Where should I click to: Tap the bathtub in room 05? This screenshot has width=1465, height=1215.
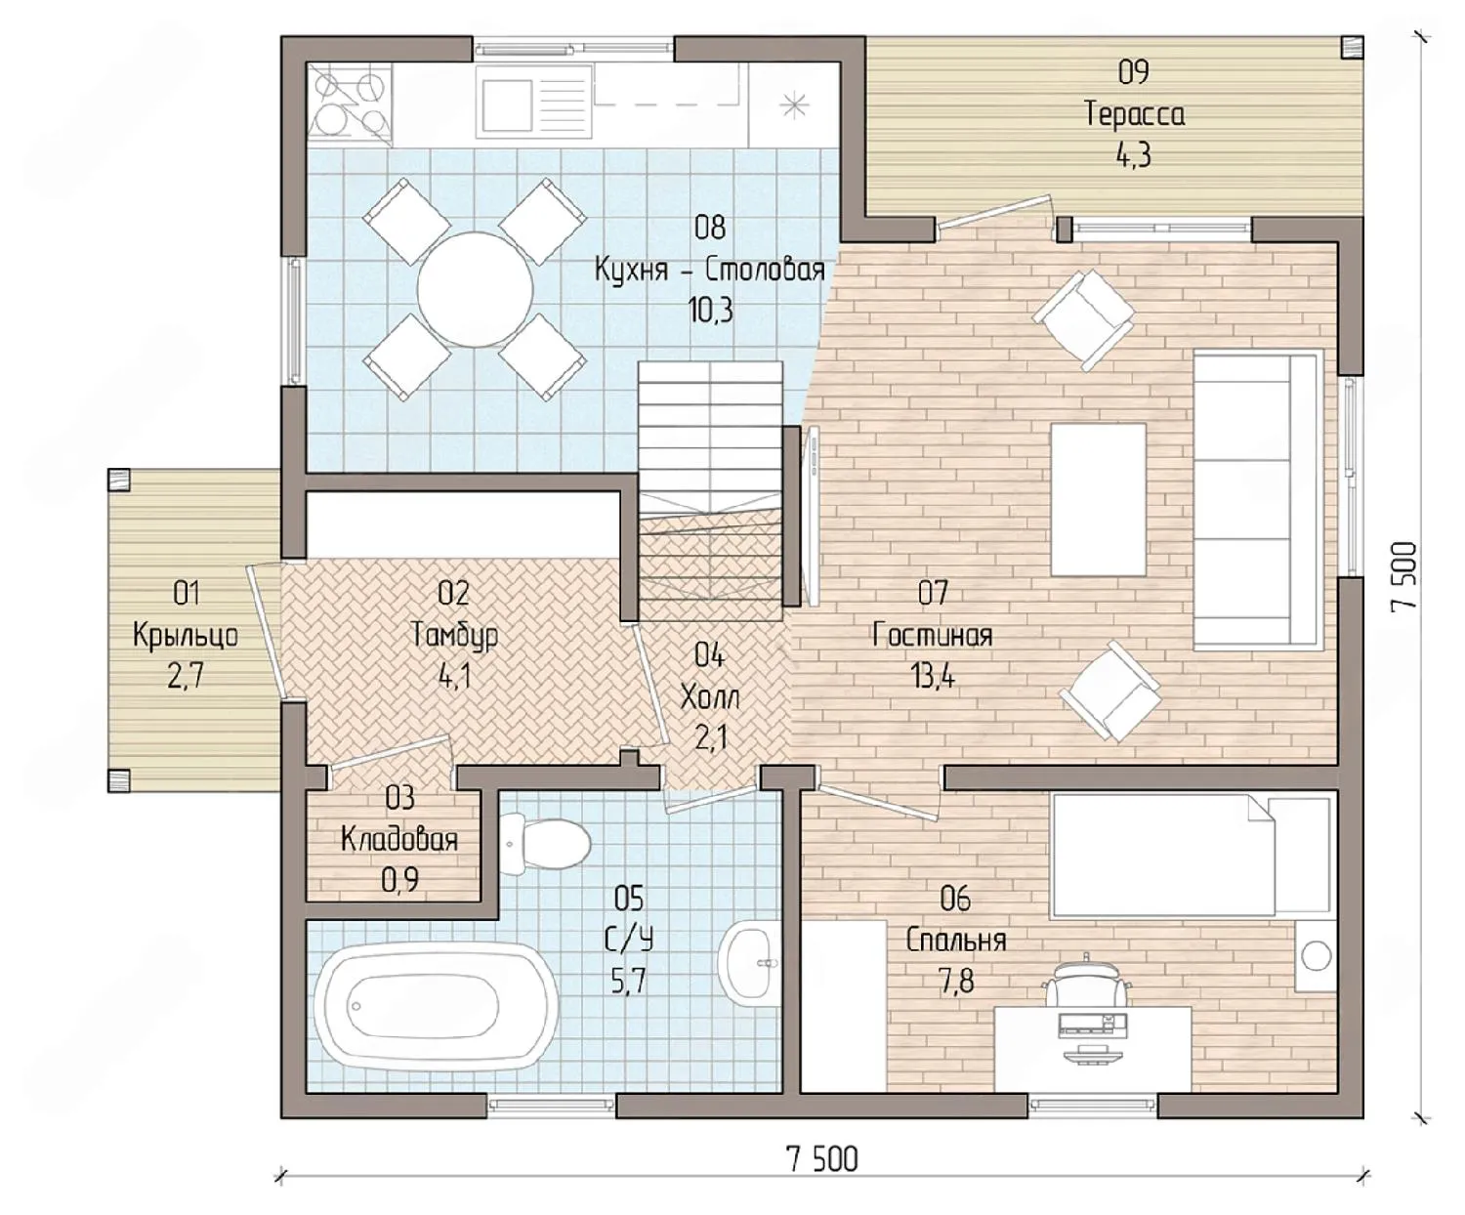(435, 1007)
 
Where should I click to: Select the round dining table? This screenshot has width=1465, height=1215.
(475, 289)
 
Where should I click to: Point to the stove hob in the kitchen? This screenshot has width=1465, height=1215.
(350, 105)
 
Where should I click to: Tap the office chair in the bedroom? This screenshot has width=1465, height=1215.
(1085, 983)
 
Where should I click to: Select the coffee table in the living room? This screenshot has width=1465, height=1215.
(1098, 499)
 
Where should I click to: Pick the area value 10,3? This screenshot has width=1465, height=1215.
(710, 310)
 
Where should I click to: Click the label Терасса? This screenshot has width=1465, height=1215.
(1135, 113)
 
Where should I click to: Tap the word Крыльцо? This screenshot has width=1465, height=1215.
(186, 636)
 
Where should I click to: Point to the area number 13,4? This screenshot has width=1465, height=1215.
(933, 676)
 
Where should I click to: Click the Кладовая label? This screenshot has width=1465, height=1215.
(399, 839)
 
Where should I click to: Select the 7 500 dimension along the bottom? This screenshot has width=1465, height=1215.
(822, 1159)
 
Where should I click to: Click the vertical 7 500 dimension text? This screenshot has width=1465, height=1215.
(1403, 577)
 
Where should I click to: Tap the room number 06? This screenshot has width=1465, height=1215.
(955, 899)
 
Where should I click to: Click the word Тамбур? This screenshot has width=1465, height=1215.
(455, 636)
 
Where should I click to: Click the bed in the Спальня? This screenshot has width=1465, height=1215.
(1190, 856)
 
